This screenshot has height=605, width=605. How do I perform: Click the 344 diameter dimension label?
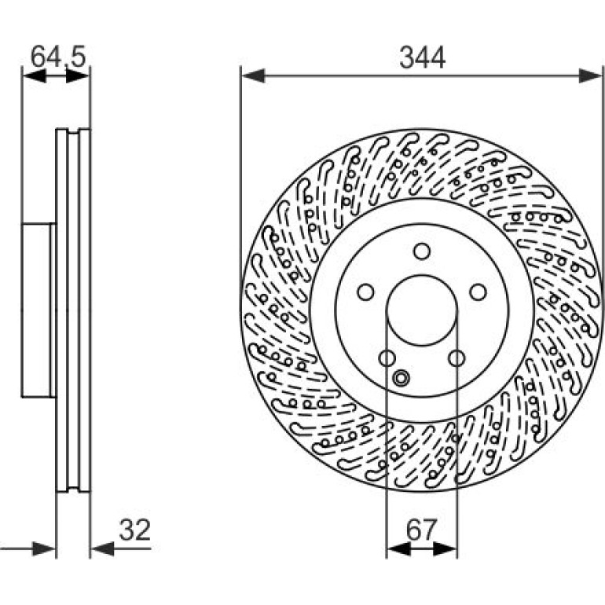422,58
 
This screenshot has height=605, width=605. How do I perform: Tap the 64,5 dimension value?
57,57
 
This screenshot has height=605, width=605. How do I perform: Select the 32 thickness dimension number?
134,530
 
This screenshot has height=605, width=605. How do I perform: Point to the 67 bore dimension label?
421,530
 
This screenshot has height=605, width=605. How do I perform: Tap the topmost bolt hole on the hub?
422,251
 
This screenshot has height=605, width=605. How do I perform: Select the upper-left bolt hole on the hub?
365,292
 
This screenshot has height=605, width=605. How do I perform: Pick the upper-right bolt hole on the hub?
478,292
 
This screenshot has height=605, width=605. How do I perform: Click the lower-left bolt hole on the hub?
387,358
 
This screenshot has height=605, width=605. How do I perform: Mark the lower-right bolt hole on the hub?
456,358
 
